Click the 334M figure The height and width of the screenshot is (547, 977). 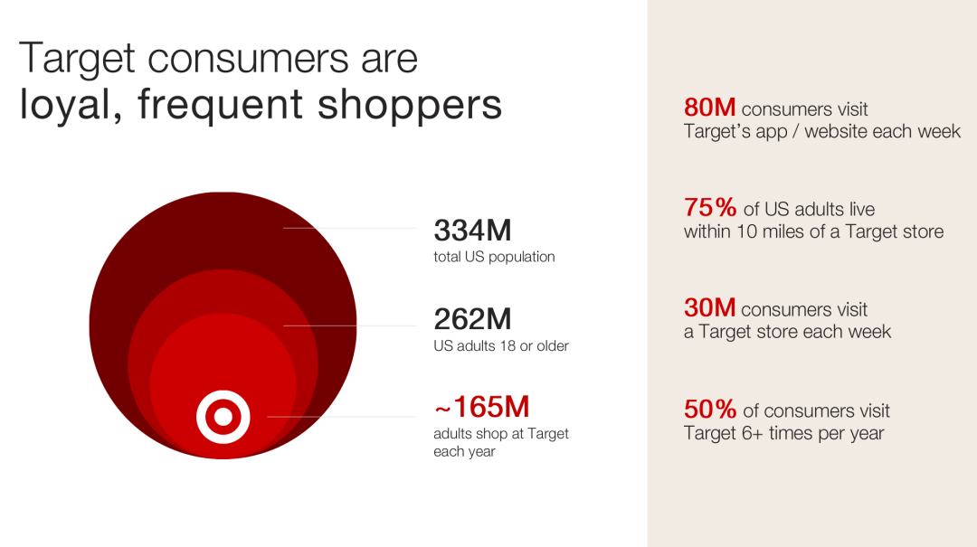[x=472, y=231]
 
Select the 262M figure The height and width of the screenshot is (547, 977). [x=472, y=319]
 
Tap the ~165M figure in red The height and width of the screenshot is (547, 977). [x=481, y=408]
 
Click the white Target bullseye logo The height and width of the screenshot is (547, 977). [x=223, y=417]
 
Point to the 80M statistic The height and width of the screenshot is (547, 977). [x=710, y=108]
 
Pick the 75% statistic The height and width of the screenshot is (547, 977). [x=710, y=207]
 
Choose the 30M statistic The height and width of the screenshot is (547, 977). [x=710, y=307]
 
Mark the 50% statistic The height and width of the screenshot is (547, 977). [x=710, y=410]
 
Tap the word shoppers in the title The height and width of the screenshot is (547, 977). [x=410, y=105]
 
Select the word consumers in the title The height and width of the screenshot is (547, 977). [x=247, y=59]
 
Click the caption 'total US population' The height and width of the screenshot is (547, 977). [x=494, y=257]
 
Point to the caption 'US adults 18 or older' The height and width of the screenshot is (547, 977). [x=501, y=345]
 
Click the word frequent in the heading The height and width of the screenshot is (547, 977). [x=220, y=105]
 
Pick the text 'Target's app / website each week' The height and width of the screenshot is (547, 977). [x=821, y=131]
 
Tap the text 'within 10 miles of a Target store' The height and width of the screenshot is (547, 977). [x=814, y=231]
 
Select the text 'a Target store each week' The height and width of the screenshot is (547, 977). [x=788, y=332]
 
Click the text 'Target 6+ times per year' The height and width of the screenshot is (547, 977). [x=783, y=433]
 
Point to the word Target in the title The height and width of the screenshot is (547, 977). [x=77, y=59]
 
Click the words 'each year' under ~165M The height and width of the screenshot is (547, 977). [x=464, y=452]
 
